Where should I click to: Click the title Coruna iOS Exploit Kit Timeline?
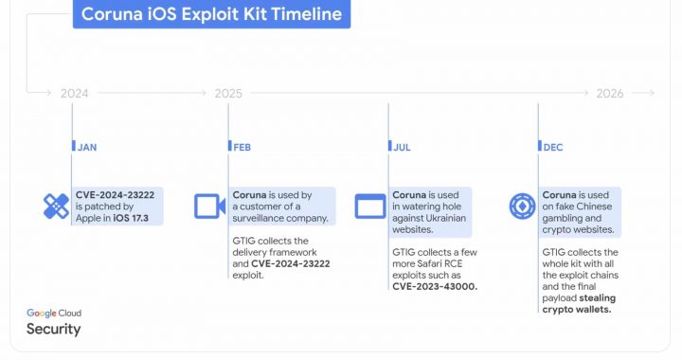click(x=211, y=14)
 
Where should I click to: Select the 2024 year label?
click(x=74, y=93)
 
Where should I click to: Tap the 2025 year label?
click(x=228, y=93)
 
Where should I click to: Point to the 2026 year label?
click(x=610, y=93)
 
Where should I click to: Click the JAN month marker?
click(x=87, y=147)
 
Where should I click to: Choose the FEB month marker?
click(x=242, y=147)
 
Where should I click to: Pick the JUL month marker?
click(x=401, y=147)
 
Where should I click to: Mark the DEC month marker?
click(x=552, y=147)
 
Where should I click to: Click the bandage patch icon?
click(x=56, y=206)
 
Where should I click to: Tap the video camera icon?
click(x=207, y=206)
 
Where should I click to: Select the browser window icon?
click(x=368, y=206)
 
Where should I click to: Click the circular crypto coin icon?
click(x=522, y=206)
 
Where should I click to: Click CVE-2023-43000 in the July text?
click(x=435, y=286)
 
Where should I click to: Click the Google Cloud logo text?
click(x=54, y=313)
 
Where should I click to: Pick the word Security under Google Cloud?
click(x=53, y=330)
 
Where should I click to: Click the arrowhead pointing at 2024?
click(x=47, y=93)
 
